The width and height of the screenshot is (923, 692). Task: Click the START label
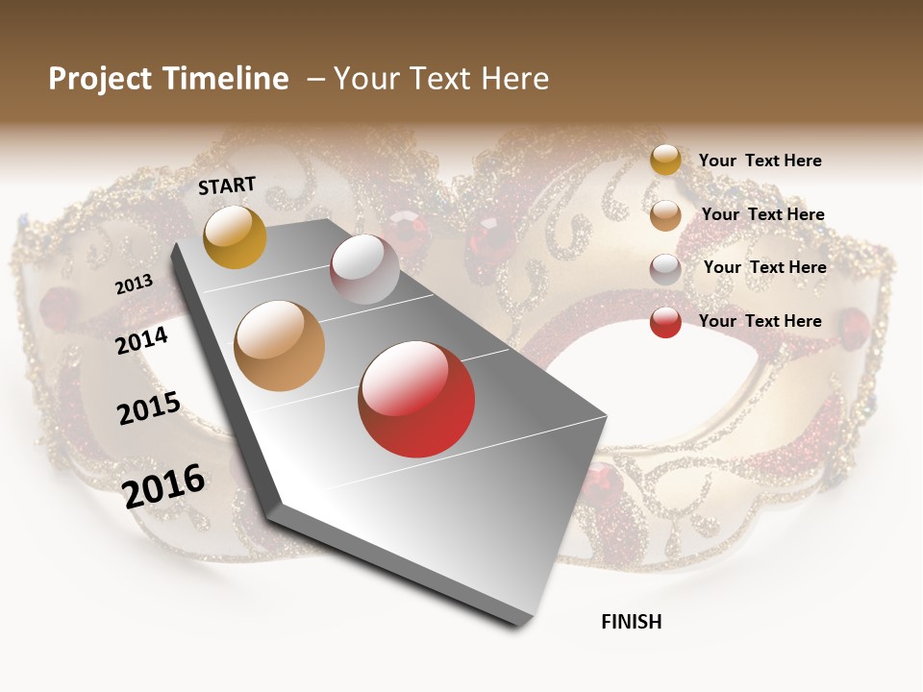point(227,185)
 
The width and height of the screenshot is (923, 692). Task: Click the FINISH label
point(631,622)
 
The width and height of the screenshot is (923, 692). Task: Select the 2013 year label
point(135,284)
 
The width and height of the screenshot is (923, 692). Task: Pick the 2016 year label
point(163,485)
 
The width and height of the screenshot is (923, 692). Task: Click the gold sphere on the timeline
point(235,236)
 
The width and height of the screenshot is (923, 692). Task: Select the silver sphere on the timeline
point(364,268)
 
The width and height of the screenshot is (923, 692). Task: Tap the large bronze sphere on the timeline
point(280,345)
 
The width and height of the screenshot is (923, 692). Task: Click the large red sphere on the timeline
point(416,399)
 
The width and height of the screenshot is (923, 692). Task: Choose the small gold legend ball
point(665,160)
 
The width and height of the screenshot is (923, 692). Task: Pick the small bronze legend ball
point(665,215)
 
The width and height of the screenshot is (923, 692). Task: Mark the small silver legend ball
point(665,269)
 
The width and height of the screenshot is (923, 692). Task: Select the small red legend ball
point(665,322)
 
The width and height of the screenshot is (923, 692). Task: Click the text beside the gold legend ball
point(760,161)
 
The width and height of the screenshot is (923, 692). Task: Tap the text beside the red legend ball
point(760,321)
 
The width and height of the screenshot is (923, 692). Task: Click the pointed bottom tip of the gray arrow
point(525,626)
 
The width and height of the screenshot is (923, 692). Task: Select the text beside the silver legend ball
point(764,267)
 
